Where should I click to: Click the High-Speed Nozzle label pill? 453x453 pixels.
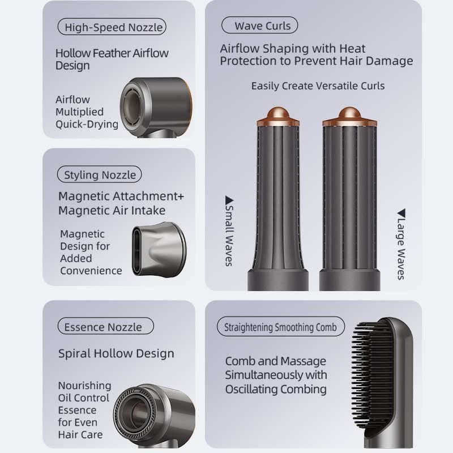pos(112,27)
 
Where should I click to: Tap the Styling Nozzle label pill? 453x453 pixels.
pos(100,174)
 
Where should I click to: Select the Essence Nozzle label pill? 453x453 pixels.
pos(106,327)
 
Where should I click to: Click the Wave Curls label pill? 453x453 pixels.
pos(260,25)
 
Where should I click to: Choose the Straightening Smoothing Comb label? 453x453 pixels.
pos(281,327)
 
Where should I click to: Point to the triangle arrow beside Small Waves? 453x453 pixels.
pos(229,200)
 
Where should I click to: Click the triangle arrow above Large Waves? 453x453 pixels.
pos(401,213)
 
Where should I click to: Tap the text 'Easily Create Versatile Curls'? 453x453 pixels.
pos(318,86)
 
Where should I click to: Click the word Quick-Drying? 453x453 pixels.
pos(87,124)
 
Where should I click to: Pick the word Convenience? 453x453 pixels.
pos(91,271)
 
